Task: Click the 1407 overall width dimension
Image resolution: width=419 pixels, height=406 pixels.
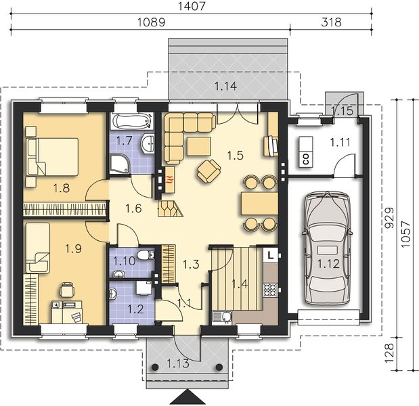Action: pos(192,6)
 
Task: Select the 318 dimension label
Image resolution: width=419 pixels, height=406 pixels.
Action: pos(331,22)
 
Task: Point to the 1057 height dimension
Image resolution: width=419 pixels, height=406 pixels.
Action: pos(405,234)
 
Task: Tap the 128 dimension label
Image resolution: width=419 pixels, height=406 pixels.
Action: pos(390,353)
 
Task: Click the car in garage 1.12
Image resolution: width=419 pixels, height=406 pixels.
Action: pos(327,248)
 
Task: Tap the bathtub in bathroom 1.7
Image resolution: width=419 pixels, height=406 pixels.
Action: pos(133,121)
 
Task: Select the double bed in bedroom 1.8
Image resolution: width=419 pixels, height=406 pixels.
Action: pos(52,157)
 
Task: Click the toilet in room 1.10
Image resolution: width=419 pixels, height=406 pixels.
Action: pos(146,254)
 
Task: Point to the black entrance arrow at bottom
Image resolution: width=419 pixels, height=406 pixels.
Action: pos(188,397)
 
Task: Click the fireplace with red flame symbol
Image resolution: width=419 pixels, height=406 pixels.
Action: pos(169,180)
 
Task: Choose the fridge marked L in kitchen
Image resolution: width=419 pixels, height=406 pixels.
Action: pos(271,255)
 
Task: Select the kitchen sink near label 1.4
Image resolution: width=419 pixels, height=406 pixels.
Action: pos(222,318)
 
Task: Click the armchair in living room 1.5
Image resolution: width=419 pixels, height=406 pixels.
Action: pos(209,171)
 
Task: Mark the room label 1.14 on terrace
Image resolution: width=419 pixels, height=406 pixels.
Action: pos(225,86)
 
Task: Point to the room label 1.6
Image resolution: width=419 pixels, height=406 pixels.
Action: pos(133,208)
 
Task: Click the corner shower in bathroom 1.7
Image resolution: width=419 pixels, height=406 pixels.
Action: pos(119,164)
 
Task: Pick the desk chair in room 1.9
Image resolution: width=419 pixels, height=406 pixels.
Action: pos(67,289)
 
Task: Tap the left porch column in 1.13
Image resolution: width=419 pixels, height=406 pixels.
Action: pos(155,367)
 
